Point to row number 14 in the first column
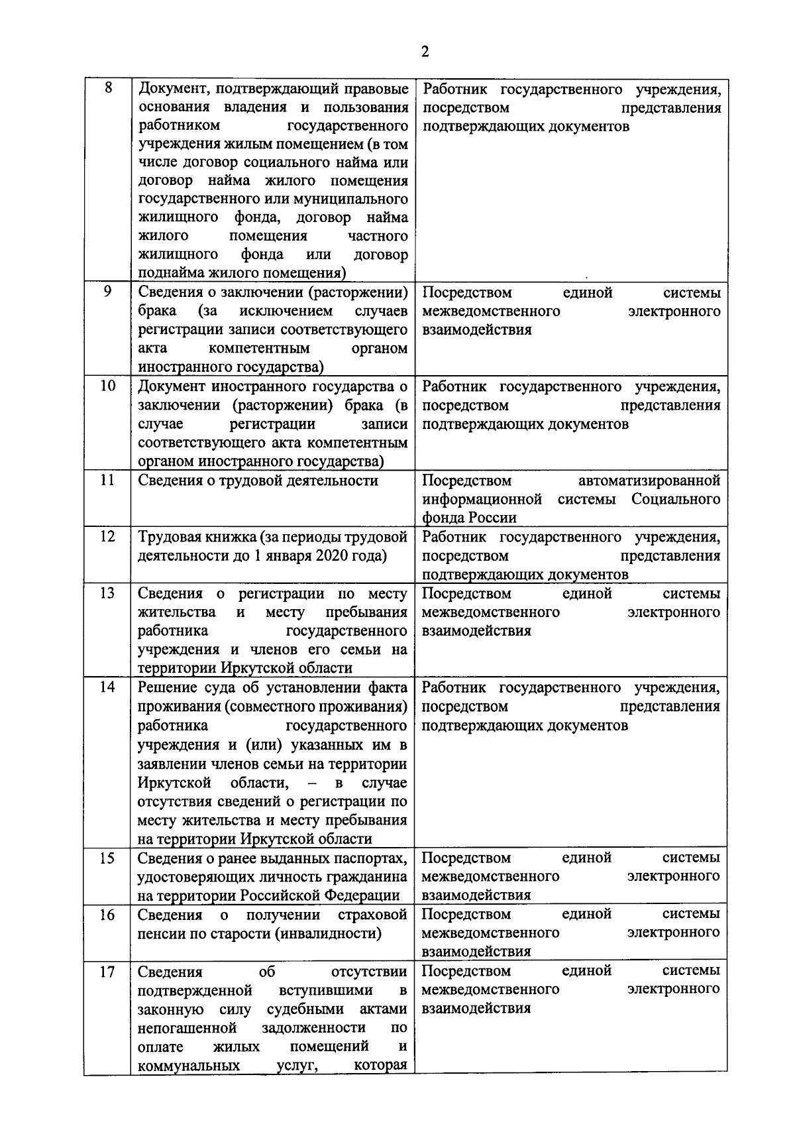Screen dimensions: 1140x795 coord(107,687)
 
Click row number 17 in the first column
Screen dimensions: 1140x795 coord(107,972)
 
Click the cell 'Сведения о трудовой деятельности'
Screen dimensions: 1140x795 coord(258,481)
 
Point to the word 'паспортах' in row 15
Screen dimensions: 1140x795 coord(369,858)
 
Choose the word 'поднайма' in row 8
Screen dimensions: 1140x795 coord(167,273)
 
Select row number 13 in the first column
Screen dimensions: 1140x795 coord(107,593)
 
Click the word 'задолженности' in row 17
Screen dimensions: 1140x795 coord(314,1028)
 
